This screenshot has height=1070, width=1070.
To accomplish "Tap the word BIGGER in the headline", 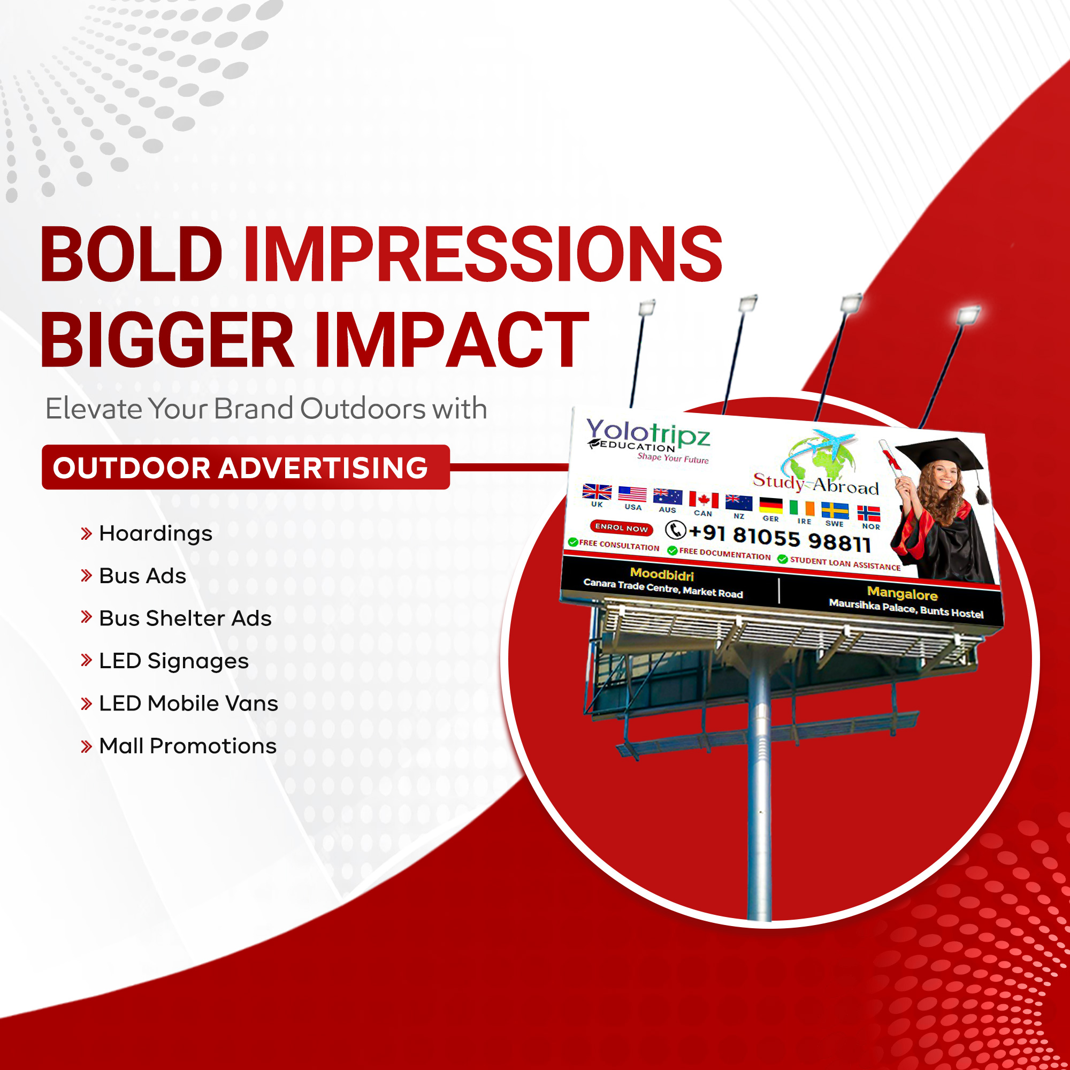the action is click(167, 340).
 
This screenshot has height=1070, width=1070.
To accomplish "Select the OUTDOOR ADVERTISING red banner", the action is click(246, 467).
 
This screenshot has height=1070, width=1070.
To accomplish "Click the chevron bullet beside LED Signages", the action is click(86, 660).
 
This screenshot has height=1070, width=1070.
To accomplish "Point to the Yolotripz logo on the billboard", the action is click(648, 440).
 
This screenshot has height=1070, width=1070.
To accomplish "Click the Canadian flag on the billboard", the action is click(704, 500).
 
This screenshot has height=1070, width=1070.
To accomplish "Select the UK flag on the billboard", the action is click(597, 491).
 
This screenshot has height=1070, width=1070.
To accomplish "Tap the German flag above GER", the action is click(770, 506).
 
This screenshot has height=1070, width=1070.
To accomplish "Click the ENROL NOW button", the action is click(621, 528).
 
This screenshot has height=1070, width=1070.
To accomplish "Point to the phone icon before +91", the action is click(675, 530).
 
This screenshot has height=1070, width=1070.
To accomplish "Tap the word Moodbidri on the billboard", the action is click(662, 574).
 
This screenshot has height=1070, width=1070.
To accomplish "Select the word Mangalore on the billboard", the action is click(902, 594).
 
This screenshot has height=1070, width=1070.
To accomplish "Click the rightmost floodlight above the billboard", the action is click(969, 316).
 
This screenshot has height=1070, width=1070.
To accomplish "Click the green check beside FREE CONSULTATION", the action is click(572, 541).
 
